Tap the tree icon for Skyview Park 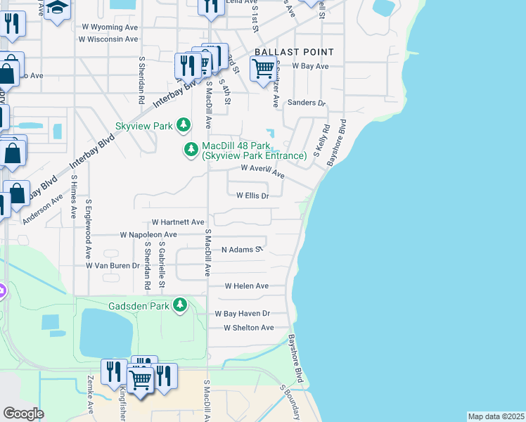pos(184,125)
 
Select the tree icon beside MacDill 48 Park pos(191,149)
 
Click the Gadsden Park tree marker pos(181,305)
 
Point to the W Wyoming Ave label pos(109,26)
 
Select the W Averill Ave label pos(262,170)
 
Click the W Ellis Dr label pos(252,196)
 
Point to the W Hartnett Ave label pos(177,222)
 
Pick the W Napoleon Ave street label pos(148,234)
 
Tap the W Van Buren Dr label pos(113,266)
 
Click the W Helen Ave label pos(246,286)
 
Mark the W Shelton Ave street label pos(248,328)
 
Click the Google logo pos(23,413)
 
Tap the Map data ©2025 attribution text pos(496,416)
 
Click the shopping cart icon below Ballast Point pos(263,69)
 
